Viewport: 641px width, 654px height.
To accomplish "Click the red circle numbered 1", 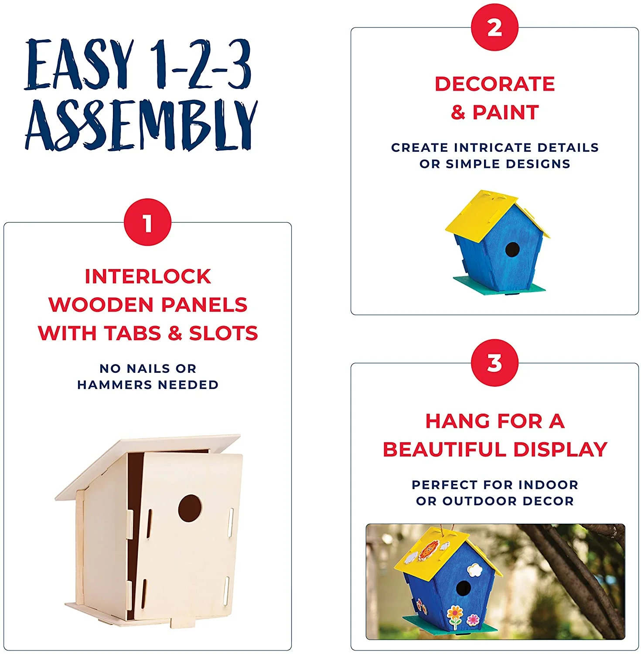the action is coord(147,222).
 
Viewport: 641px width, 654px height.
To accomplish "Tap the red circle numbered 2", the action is coord(494,27).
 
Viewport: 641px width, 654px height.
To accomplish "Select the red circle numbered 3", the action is coord(494,363).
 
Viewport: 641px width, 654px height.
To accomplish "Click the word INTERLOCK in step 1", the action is coord(148,276).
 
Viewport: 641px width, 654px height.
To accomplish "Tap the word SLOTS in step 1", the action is coord(223,333).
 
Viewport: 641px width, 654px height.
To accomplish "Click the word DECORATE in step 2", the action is coord(494,84).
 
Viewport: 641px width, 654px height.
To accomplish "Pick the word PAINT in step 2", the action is coord(506,112).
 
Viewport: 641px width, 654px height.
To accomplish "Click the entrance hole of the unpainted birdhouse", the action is coord(190,508).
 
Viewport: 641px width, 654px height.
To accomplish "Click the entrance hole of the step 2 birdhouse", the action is coord(512,250).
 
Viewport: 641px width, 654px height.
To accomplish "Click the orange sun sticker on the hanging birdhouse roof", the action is coord(428,550).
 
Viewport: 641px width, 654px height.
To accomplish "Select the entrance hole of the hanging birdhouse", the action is coord(463,588).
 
